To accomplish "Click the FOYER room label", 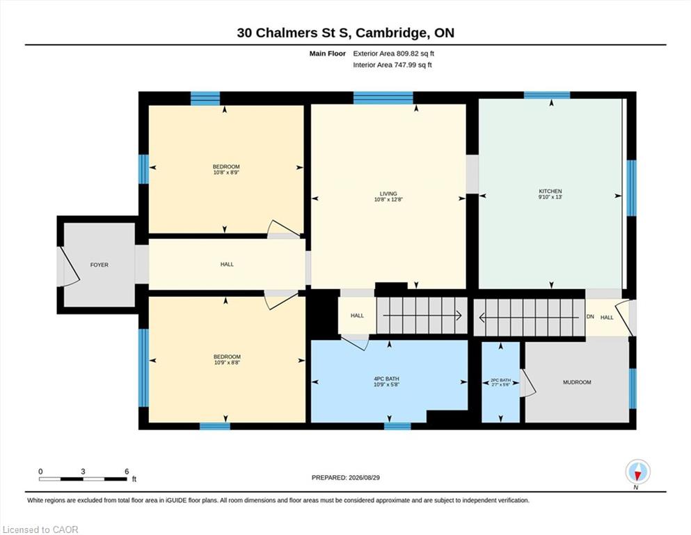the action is coord(99,265).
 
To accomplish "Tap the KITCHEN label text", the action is coord(550,192).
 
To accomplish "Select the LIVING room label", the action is coord(388,194).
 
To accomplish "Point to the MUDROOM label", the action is coord(577,382).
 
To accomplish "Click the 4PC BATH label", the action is coord(386,379).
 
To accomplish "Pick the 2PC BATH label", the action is coord(500,380).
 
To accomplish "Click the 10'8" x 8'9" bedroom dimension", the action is coord(226,173).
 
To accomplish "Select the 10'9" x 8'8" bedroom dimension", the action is coord(227,362).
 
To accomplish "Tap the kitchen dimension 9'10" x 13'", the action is coord(550,197).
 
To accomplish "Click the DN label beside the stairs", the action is coord(591,317).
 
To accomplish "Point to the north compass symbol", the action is coord(637,473).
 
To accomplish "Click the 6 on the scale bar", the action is coord(127,472).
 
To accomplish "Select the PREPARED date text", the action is coord(345,478).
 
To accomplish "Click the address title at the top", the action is coord(345,33).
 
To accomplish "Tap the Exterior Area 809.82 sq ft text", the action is coord(394,54).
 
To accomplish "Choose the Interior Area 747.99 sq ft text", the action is coord(392,65).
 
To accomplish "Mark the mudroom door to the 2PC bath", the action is coord(528,382).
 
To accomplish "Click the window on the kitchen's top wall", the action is coord(547,95).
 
